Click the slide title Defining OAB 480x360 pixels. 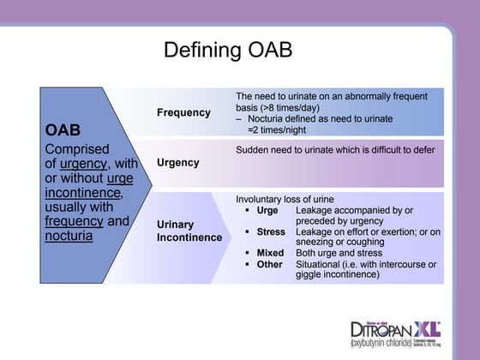pos(228,50)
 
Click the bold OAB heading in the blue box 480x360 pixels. pos(63,130)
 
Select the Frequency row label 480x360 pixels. pos(183,112)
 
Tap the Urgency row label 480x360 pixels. pos(178,162)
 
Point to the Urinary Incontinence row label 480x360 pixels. pos(189,231)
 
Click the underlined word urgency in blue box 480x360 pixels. pos(82,164)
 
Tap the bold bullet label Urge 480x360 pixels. pos(267,210)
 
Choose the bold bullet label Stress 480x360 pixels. pos(271,231)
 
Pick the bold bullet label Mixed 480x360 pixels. pos(270,253)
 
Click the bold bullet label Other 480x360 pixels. pos(269,264)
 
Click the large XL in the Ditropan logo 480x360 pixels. pos(426,327)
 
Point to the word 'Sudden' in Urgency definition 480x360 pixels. pos(253,150)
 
